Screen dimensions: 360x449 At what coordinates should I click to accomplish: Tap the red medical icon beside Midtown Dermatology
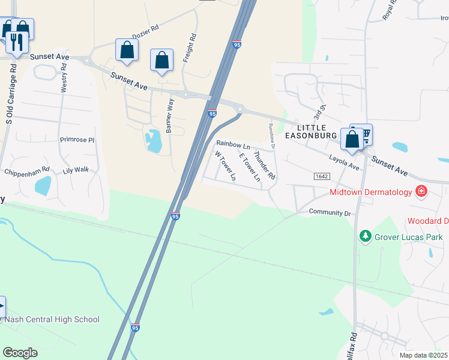tap(421, 192)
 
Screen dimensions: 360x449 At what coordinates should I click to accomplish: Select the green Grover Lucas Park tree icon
tap(364, 236)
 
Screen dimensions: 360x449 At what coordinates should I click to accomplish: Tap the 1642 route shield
tap(322, 176)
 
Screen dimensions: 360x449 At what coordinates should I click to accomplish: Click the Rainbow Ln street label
tap(233, 144)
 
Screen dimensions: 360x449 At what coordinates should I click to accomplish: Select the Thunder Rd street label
tap(264, 166)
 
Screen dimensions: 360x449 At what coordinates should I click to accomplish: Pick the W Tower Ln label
tap(225, 166)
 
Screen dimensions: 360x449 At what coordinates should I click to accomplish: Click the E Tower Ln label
tap(250, 167)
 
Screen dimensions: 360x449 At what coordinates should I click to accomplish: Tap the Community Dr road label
tap(330, 212)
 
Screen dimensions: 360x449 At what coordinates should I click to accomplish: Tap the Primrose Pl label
tap(77, 140)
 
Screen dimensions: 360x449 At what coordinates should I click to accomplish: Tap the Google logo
tap(20, 352)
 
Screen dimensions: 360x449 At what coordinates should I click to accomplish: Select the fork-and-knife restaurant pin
tap(16, 41)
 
